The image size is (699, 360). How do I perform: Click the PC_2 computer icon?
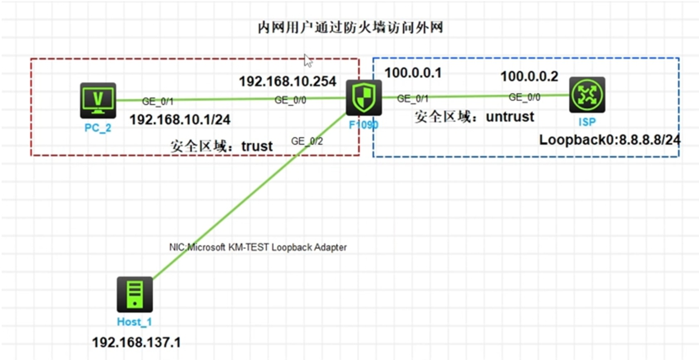click(x=98, y=100)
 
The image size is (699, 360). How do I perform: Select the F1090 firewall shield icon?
click(x=364, y=97)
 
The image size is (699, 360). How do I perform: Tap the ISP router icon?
click(x=587, y=95)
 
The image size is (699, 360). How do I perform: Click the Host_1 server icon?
click(x=135, y=294)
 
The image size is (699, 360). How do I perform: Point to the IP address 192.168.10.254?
click(x=287, y=81)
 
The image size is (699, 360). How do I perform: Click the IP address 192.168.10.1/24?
click(x=180, y=120)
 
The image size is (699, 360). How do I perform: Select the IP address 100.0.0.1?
click(x=413, y=73)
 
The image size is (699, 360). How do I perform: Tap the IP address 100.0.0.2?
click(x=529, y=77)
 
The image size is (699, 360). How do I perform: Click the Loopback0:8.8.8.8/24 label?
click(x=610, y=140)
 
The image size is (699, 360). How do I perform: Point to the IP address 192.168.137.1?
click(x=136, y=342)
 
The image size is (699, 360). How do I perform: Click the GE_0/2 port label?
click(x=307, y=141)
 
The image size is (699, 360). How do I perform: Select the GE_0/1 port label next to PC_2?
click(x=158, y=102)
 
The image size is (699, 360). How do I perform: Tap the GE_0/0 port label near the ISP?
click(x=524, y=97)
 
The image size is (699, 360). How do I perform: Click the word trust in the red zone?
click(x=257, y=146)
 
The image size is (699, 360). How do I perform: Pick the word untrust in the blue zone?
click(x=510, y=117)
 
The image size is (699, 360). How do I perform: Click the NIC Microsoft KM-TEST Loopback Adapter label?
click(x=258, y=247)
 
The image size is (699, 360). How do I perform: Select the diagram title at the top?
click(x=350, y=28)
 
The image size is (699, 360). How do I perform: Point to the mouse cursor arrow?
click(x=308, y=61)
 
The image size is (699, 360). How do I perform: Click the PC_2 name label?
click(x=98, y=128)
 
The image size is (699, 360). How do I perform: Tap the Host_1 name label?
click(x=134, y=322)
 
